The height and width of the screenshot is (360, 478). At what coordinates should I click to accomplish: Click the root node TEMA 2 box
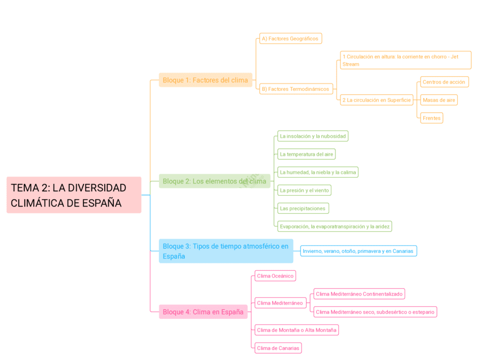pyautogui.click(x=73, y=195)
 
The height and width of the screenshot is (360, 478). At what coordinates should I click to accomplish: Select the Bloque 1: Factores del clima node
pyautogui.click(x=205, y=80)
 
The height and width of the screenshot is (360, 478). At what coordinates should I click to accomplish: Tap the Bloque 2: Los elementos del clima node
pyautogui.click(x=214, y=181)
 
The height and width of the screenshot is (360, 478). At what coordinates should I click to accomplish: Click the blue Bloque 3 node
pyautogui.click(x=225, y=251)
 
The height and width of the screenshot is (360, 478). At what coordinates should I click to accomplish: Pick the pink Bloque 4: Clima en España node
pyautogui.click(x=203, y=312)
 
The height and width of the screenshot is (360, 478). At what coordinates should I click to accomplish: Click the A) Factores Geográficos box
pyautogui.click(x=290, y=39)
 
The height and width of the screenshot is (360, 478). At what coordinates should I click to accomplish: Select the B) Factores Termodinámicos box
pyautogui.click(x=295, y=89)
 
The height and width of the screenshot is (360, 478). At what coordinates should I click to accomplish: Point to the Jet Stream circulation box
pyautogui.click(x=405, y=60)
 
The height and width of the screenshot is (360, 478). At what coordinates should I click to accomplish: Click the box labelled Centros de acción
pyautogui.click(x=444, y=82)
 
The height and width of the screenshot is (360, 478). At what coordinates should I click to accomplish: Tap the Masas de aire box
pyautogui.click(x=439, y=100)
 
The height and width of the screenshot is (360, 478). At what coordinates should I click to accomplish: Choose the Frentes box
pyautogui.click(x=432, y=118)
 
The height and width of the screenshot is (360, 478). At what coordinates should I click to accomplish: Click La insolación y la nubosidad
pyautogui.click(x=312, y=136)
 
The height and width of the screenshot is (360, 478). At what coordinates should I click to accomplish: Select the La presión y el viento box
pyautogui.click(x=304, y=190)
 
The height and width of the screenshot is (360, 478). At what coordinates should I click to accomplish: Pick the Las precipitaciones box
pyautogui.click(x=303, y=208)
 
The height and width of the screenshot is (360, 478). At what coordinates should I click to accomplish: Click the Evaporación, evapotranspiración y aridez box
pyautogui.click(x=334, y=226)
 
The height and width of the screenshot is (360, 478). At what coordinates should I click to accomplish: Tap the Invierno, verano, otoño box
pyautogui.click(x=358, y=251)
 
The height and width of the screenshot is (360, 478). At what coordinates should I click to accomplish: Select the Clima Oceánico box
pyautogui.click(x=275, y=276)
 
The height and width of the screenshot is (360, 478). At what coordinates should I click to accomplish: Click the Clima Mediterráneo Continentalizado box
pyautogui.click(x=359, y=294)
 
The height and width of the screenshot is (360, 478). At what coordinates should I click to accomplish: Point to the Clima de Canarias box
pyautogui.click(x=278, y=348)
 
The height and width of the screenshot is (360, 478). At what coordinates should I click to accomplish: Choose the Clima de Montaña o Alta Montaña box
pyautogui.click(x=296, y=330)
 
